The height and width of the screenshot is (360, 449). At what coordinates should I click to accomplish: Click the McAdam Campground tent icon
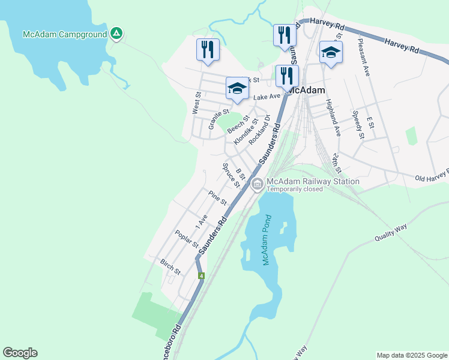pos(116,34)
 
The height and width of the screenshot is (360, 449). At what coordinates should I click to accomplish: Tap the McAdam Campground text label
pos(64,34)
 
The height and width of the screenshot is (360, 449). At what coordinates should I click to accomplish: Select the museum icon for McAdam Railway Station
pos(258,184)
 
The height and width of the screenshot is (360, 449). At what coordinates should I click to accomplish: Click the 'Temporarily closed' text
pos(295,189)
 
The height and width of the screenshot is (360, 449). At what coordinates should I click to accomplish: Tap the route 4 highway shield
pos(201,276)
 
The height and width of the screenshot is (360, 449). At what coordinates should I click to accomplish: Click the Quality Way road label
pos(391,232)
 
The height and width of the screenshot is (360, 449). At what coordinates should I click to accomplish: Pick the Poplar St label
pos(187,239)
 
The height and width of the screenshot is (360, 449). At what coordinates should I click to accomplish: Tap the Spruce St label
pos(231,175)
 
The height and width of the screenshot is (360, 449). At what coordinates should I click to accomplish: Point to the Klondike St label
pos(246,131)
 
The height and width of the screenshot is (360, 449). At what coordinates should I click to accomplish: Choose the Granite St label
pos(218,119)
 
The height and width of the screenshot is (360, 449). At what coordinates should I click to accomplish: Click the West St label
pos(196,103)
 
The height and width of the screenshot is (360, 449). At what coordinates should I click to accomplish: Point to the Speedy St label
pos(358,124)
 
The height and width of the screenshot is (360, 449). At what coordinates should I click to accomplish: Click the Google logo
pos(20,353)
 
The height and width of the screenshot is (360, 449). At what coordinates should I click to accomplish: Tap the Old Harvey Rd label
pos(431,175)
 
